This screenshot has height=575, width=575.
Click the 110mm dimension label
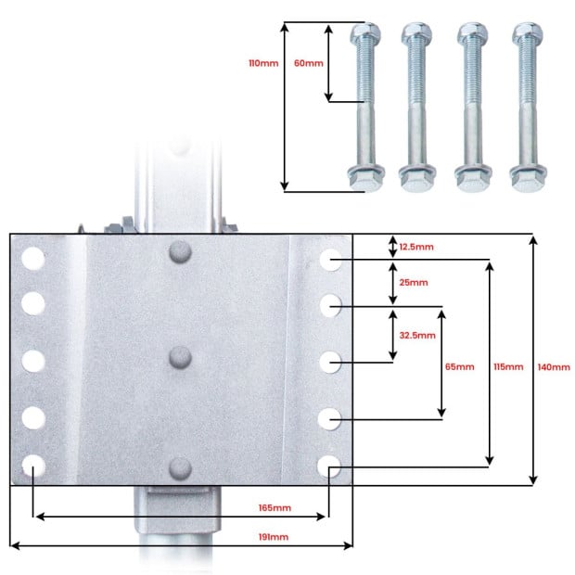263,63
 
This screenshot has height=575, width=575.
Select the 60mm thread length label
309,63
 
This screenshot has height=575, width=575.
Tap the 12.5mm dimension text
416,247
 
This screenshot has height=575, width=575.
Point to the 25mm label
414,282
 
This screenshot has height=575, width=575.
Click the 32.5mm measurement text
417,335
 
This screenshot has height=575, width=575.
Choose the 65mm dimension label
459,366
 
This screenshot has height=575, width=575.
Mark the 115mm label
508,366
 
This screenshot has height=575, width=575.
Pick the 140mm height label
554,367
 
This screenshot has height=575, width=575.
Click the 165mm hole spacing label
275,508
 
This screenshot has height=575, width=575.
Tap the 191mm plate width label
274,537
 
